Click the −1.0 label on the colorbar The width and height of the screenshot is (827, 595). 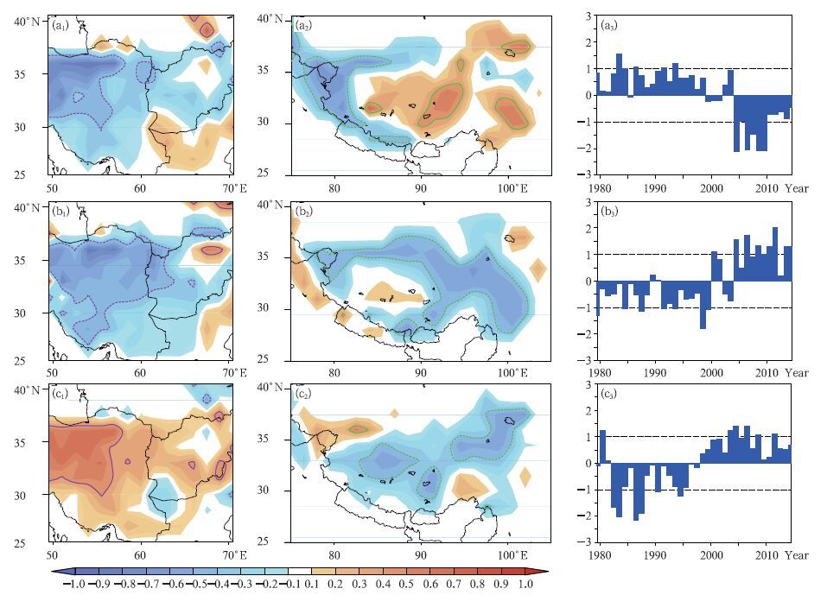pos(75,585)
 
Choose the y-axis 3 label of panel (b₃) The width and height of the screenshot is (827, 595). pos(588,202)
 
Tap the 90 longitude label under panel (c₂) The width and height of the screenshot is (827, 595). pos(420,554)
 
